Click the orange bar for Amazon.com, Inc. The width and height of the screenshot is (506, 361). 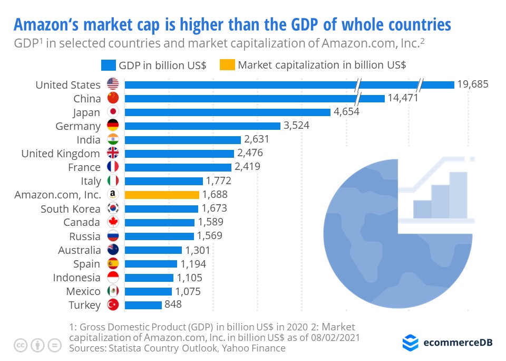point(162,195)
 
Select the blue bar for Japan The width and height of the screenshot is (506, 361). point(227,112)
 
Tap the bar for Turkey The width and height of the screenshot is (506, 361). point(143,305)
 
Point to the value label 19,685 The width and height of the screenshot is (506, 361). point(473,84)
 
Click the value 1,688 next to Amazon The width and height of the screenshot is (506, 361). point(215,195)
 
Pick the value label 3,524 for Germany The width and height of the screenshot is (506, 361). point(296,126)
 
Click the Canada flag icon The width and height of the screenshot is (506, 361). point(113,222)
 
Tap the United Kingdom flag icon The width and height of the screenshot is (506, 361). point(113,153)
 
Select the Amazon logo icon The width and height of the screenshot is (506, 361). point(113,195)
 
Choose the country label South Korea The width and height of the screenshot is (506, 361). point(71,208)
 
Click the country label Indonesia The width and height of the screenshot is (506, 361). point(76,278)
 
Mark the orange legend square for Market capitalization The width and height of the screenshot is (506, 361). point(227,65)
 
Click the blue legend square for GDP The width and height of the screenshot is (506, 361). point(108,65)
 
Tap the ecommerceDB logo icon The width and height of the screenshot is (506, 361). point(410,343)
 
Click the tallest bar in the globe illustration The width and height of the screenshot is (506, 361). point(458,195)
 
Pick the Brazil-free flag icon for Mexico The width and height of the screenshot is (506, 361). point(113,291)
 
